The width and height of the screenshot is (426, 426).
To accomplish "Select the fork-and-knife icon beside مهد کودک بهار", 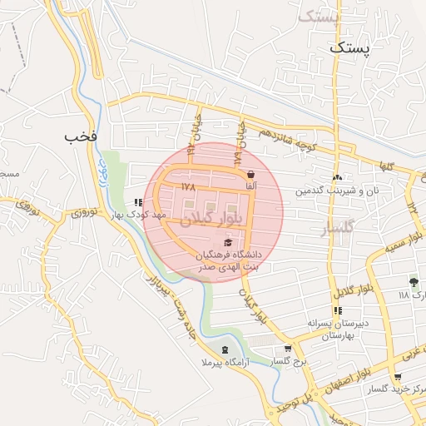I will point(138,201).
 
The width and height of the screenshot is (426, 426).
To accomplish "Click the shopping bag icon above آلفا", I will point(251,175).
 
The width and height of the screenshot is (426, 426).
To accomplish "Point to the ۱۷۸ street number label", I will point(188,186).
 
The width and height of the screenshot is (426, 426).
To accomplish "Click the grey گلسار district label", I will point(337,226).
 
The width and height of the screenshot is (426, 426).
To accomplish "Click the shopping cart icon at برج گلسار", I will point(288,349).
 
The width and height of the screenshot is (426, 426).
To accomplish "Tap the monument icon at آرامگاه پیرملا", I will point(222,349).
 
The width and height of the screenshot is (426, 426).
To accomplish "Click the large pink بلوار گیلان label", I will point(213,218).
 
